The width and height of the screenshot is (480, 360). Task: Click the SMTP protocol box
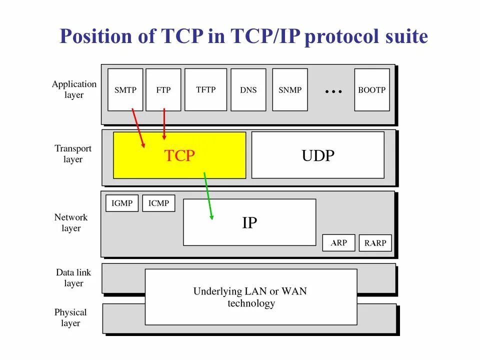coord(125,90)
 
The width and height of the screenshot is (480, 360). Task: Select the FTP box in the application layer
coord(163,90)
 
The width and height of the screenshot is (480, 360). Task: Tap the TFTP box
coord(206,89)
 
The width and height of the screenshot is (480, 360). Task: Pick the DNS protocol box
coord(248,90)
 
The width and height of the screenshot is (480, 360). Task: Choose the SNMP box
coord(290,90)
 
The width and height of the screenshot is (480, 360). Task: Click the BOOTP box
coord(372,90)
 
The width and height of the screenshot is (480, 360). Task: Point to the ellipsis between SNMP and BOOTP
coord(333,91)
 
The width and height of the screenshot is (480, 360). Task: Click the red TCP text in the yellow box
coord(179,156)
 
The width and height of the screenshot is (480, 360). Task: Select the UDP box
coord(318,155)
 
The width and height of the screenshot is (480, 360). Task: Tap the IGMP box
coord(122,203)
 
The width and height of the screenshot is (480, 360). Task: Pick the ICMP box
coord(159,203)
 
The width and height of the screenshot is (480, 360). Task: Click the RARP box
coord(375,243)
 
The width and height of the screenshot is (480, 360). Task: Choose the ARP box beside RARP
coord(339,243)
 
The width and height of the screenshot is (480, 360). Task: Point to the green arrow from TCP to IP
coord(208,195)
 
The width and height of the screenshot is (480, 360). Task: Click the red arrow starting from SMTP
coord(138,127)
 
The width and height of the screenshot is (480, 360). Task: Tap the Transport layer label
coord(73,154)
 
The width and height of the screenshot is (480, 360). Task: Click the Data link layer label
coord(73,278)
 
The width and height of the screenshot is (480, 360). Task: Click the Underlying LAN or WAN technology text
coord(250,297)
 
